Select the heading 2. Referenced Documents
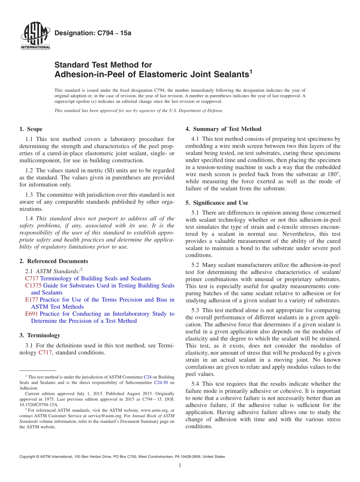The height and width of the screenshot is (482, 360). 53,261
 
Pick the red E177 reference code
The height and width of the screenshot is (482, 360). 31,300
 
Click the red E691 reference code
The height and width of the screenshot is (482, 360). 31,314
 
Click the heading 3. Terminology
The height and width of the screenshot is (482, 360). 39,335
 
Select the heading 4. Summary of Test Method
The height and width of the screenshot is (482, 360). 223,129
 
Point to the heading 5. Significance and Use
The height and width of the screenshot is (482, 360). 217,203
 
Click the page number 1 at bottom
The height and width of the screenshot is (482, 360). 180,465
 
